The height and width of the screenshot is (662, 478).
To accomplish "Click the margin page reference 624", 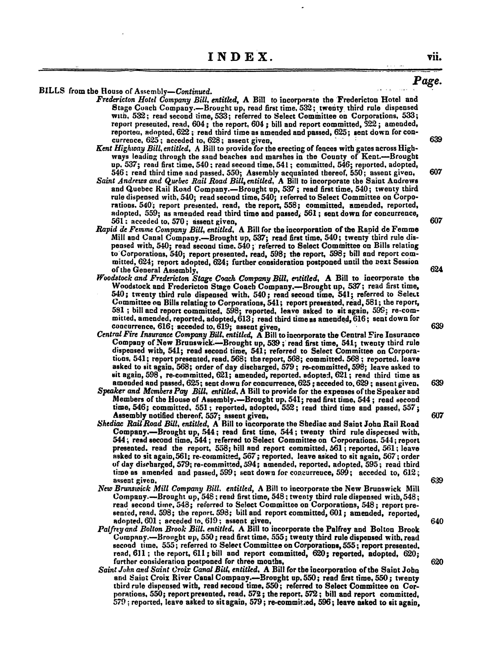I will (x=437, y=270).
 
